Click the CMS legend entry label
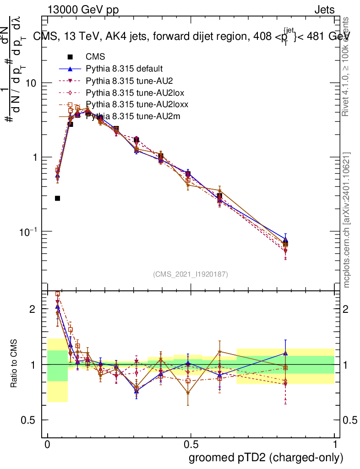95,57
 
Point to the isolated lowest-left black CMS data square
58,198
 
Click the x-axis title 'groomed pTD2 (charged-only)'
266,458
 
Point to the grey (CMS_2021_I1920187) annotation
191,274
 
